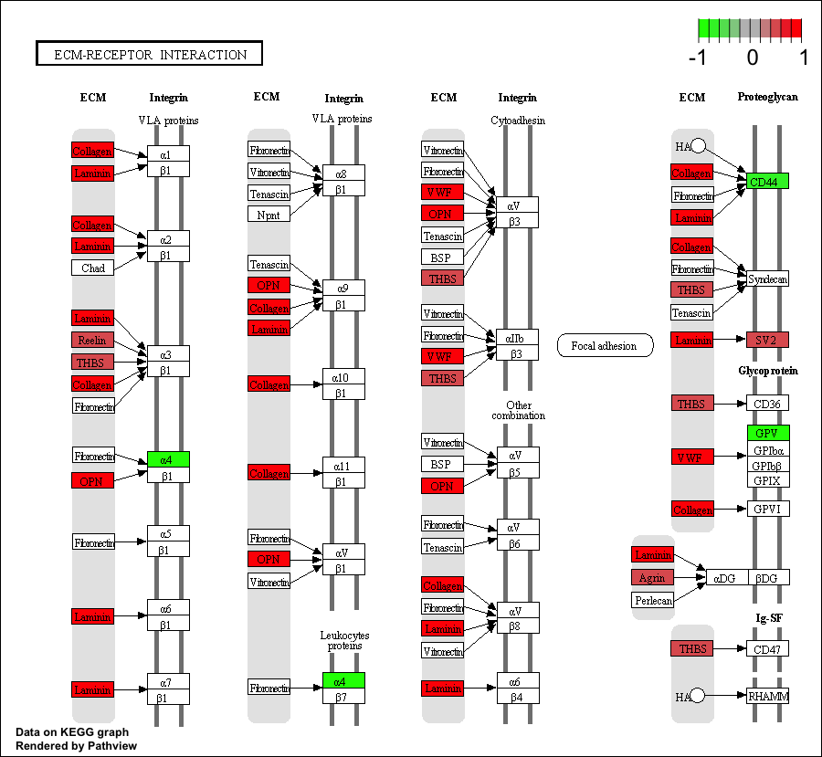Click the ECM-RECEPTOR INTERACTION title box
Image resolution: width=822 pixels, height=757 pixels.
pyautogui.click(x=149, y=54)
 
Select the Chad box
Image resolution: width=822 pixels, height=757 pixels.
pyautogui.click(x=93, y=268)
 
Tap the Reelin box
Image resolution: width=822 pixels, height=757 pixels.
pyautogui.click(x=93, y=340)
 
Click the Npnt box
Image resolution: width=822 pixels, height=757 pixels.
pyautogui.click(x=269, y=214)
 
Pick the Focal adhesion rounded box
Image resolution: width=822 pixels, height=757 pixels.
pyautogui.click(x=605, y=345)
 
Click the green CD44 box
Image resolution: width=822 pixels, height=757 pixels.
pyautogui.click(x=767, y=181)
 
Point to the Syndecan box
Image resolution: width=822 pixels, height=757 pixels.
pyautogui.click(x=767, y=279)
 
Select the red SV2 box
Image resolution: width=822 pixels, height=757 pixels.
pyautogui.click(x=767, y=340)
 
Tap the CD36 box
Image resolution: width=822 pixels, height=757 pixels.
pyautogui.click(x=767, y=403)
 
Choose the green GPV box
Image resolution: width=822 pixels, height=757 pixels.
pyautogui.click(x=767, y=433)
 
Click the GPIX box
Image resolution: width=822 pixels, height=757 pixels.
pyautogui.click(x=767, y=480)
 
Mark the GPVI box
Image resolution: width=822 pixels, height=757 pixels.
pyautogui.click(x=767, y=509)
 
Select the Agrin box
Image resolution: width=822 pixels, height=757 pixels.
pyautogui.click(x=652, y=577)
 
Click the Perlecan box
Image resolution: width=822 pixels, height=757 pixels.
pyautogui.click(x=652, y=600)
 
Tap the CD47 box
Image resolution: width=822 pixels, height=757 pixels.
pyautogui.click(x=767, y=649)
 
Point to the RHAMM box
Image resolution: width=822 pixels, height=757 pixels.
pyautogui.click(x=767, y=696)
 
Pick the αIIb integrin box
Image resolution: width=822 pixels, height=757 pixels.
pyautogui.click(x=516, y=338)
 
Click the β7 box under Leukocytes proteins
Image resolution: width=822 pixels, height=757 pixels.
pyautogui.click(x=343, y=697)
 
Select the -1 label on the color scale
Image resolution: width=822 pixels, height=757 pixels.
pyautogui.click(x=699, y=58)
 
